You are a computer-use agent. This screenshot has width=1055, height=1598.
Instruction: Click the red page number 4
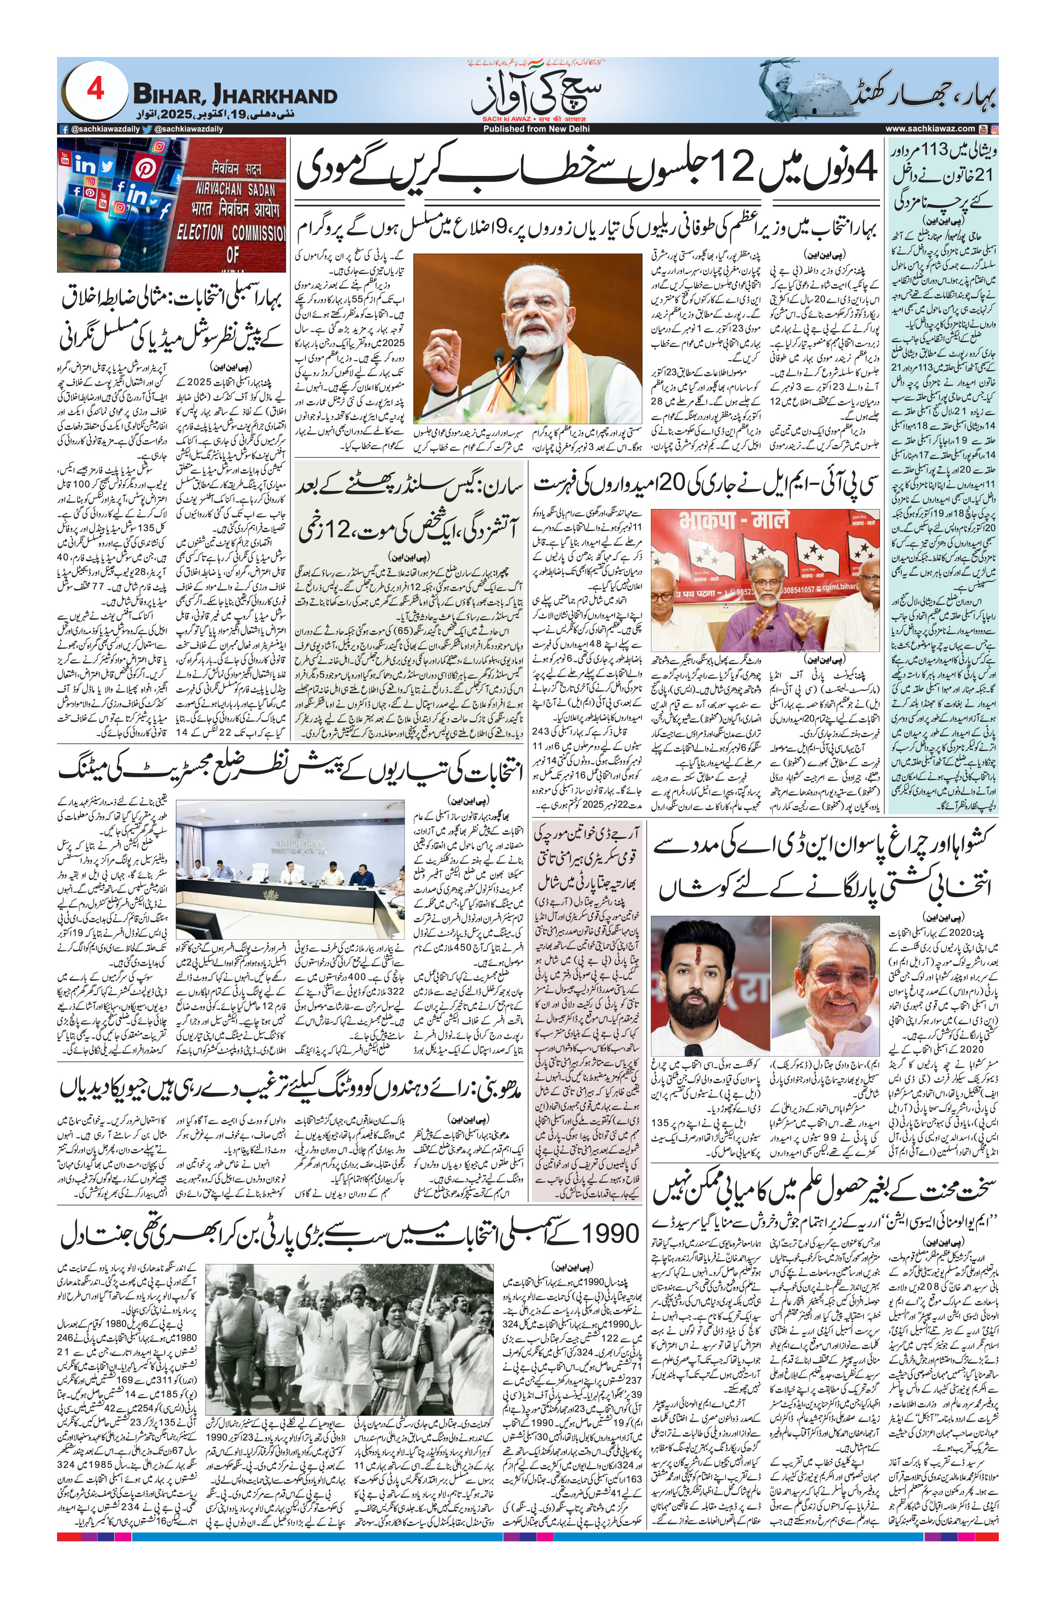point(96,89)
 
